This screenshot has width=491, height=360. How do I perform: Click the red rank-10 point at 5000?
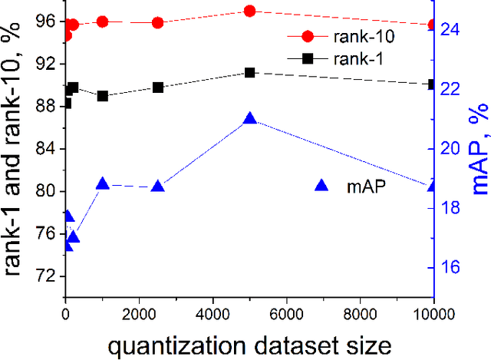point(249,11)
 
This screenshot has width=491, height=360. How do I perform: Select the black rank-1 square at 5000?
point(249,72)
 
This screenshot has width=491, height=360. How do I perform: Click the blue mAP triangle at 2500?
point(157,187)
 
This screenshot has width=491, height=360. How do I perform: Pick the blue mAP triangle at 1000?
point(103,183)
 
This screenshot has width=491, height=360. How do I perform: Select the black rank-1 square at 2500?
point(157,88)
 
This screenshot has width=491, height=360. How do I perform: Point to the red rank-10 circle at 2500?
point(157,23)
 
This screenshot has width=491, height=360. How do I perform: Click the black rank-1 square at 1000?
point(103,96)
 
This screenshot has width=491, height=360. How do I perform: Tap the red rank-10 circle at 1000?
point(103,21)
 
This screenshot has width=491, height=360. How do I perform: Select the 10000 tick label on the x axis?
point(433,314)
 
